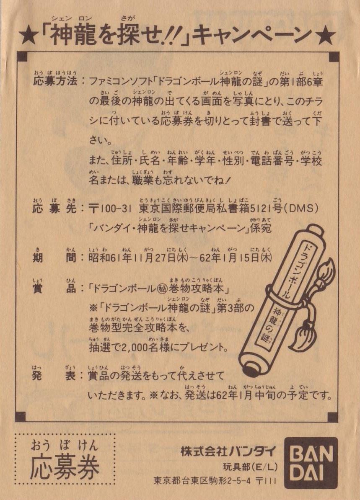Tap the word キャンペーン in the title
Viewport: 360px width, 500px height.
(x=252, y=36)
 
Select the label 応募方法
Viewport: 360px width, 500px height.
(x=55, y=81)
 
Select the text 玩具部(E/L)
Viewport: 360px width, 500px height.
(x=250, y=467)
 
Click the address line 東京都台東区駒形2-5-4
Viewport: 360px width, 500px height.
(x=202, y=481)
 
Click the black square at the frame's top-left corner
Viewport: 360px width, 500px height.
(x=22, y=57)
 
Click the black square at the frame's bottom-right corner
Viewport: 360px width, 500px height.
(x=333, y=417)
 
